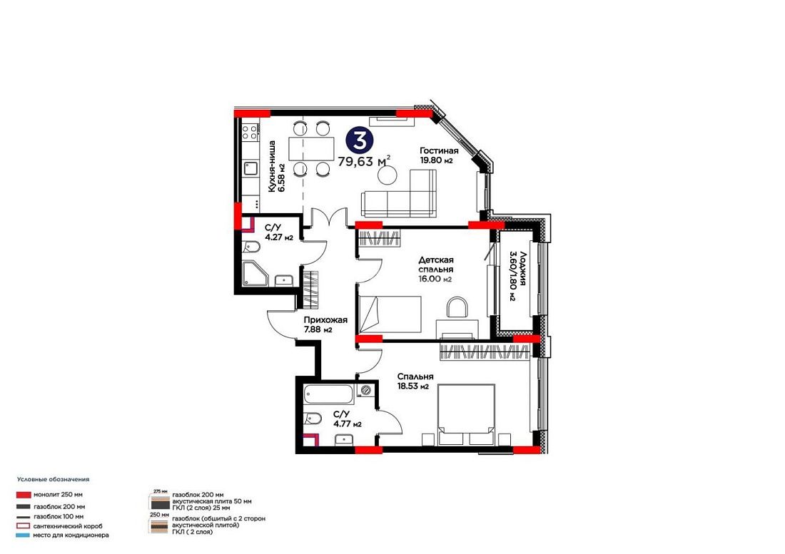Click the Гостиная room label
click(x=439, y=150)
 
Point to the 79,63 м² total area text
click(x=364, y=161)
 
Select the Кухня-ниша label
click(x=271, y=167)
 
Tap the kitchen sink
click(x=250, y=168)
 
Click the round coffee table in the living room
click(x=387, y=175)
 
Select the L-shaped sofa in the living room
click(x=398, y=194)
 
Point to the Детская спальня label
click(x=436, y=265)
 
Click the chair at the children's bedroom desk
click(x=457, y=307)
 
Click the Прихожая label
click(x=325, y=319)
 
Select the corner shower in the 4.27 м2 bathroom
click(x=255, y=275)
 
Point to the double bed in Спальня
click(x=466, y=414)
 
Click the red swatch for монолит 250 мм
click(x=24, y=495)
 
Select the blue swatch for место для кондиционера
click(x=24, y=535)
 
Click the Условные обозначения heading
click(x=53, y=479)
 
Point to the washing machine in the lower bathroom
click(x=365, y=391)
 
